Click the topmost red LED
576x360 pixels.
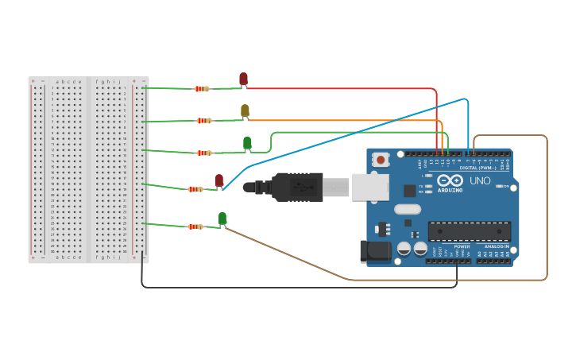243,79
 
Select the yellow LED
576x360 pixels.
245,110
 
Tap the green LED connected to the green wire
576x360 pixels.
247,143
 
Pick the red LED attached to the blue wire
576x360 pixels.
219,180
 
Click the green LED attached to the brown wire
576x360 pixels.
222,219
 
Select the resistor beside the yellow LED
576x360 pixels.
204,121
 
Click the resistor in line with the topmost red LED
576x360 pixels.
202,89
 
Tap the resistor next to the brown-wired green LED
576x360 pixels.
195,226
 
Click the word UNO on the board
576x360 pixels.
481,181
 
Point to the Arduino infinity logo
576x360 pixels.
449,180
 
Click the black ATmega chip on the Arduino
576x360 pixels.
469,231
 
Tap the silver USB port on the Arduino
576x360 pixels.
370,187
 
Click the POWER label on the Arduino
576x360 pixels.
462,246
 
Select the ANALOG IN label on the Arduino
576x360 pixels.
497,246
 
